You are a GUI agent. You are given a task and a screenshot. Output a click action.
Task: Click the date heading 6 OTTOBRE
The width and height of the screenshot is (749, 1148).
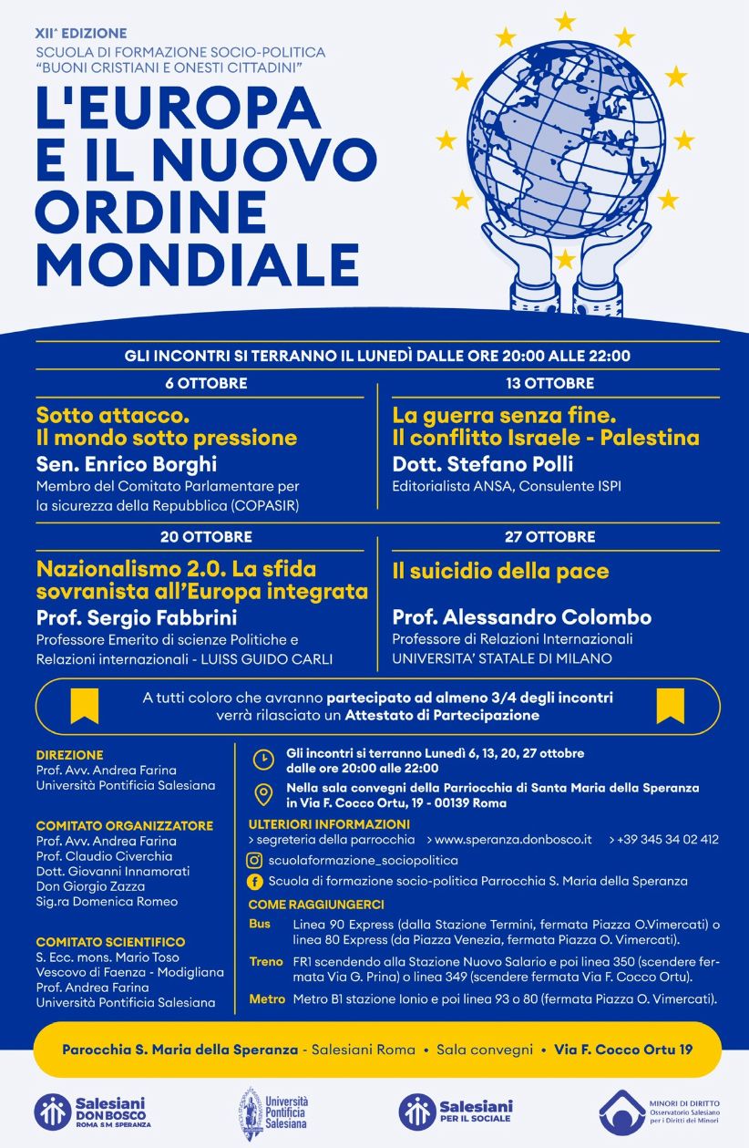tap(206, 383)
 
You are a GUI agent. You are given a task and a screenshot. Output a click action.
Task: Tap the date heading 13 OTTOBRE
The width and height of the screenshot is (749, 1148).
tap(549, 383)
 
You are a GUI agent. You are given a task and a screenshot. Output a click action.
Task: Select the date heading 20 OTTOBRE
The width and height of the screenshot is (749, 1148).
tap(206, 536)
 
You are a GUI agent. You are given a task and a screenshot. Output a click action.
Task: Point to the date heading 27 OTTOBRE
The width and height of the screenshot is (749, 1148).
tap(549, 536)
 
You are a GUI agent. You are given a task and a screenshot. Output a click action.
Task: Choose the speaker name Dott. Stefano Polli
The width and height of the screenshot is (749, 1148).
tap(483, 464)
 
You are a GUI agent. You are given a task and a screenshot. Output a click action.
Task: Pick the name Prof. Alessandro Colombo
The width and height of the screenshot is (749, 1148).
tap(522, 617)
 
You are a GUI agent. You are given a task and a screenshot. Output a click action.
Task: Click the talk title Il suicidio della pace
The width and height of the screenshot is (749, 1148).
tap(500, 572)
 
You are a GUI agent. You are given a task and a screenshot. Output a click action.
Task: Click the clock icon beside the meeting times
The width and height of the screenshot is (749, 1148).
tap(262, 760)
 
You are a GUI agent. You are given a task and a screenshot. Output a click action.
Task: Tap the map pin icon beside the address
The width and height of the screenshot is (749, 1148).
tap(262, 795)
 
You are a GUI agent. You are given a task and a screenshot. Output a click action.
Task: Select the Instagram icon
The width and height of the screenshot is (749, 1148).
tap(256, 860)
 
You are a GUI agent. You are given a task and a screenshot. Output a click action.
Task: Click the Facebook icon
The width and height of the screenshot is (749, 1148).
tap(256, 881)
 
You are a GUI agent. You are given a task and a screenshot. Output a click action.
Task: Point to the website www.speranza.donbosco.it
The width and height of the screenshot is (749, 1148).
tap(513, 839)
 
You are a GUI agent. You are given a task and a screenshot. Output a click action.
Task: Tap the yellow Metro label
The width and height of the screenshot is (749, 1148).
tap(267, 999)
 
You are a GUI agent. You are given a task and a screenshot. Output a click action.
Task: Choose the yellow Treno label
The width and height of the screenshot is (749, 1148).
tap(267, 962)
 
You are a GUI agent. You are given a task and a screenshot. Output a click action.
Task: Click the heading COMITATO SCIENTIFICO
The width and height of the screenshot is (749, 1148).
tap(110, 942)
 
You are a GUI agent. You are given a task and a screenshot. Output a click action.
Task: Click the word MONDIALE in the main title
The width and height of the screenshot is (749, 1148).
tap(197, 263)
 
